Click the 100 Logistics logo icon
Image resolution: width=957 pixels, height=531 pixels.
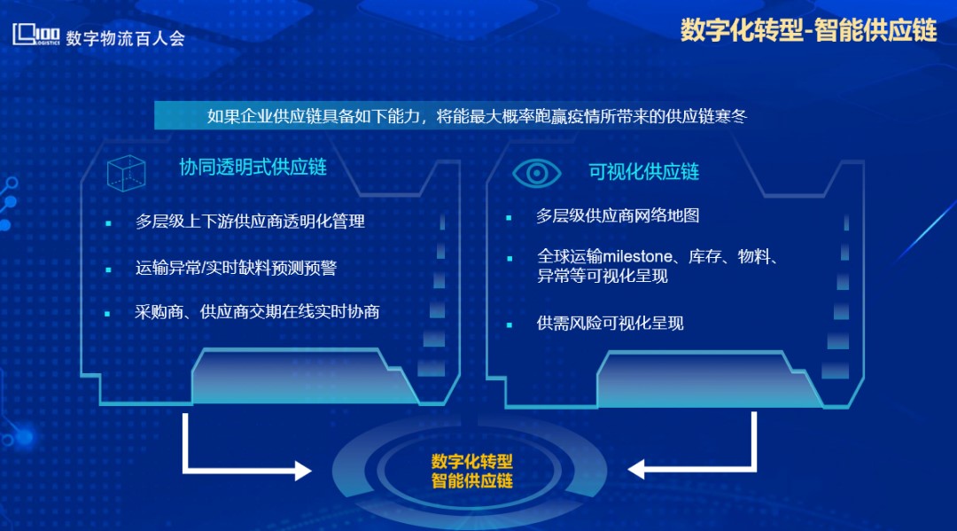pos(36,35)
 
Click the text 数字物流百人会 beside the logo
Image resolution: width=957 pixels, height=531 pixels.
pos(125,38)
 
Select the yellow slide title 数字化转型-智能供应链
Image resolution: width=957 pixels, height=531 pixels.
pos(808,30)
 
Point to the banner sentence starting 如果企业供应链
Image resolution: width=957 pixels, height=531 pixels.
pos(477,116)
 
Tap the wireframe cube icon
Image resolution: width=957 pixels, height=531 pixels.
pos(127,173)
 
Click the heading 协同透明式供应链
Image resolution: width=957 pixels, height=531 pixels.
pos(253,168)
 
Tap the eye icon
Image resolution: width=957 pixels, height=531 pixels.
pos(536,174)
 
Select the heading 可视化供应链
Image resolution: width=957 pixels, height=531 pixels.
pos(643,172)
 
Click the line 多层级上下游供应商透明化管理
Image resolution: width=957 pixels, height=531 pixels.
pos(250,221)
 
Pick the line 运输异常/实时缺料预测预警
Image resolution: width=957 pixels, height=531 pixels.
pos(236,268)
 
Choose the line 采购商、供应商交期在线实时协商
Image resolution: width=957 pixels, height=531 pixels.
pos(257,312)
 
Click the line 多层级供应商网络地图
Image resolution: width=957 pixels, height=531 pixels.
pos(618,215)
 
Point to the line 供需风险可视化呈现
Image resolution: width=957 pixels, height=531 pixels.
pos(610,323)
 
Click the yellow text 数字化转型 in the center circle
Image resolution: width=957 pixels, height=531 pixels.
pos(471,461)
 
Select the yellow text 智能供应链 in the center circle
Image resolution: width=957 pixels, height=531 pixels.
pos(471,480)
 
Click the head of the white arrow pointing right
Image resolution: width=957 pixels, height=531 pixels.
pos(303,470)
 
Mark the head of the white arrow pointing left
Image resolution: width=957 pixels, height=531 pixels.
pos(636,469)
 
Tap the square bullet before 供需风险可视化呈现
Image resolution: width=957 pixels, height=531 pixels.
pos(510,324)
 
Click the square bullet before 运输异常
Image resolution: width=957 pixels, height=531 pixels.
pos(109,269)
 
